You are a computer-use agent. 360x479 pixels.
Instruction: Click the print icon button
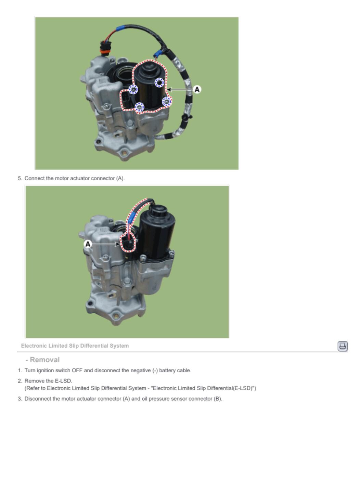343,346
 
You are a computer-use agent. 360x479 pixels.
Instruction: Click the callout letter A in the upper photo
197,90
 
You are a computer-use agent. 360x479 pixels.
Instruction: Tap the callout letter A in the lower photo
88,244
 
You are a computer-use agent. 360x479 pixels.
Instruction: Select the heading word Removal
45,360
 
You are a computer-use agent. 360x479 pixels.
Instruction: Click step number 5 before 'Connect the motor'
20,178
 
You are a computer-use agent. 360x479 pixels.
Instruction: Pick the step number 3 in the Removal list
20,399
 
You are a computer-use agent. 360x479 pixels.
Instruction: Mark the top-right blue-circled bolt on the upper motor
159,83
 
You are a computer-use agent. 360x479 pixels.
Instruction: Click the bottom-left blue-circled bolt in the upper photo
139,107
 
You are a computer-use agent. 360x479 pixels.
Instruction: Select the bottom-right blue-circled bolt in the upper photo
167,102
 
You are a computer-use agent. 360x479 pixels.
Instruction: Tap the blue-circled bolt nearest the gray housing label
133,89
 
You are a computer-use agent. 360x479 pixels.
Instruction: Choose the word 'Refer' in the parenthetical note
33,388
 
